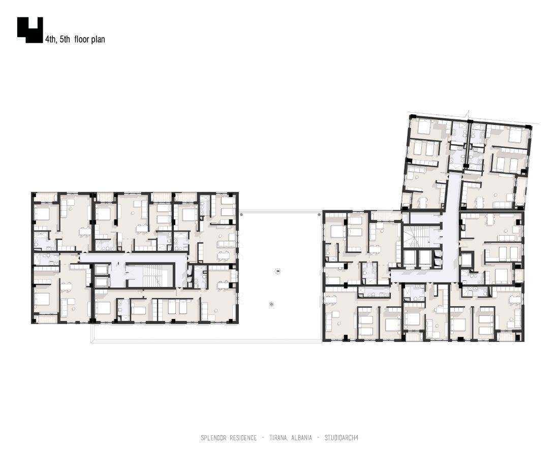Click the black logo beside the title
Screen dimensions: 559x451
click(30, 30)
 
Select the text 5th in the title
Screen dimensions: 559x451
click(65, 39)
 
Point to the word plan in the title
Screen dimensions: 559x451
click(98, 40)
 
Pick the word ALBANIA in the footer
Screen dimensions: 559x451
click(301, 437)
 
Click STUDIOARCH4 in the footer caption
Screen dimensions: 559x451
click(341, 437)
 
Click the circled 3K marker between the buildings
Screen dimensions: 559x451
click(278, 271)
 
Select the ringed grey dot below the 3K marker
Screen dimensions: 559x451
click(272, 304)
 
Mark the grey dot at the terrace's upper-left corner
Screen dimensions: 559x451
click(241, 214)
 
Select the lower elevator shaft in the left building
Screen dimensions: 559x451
click(102, 281)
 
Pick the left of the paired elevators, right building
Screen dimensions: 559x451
click(410, 259)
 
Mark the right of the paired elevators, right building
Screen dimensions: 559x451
click(424, 259)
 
